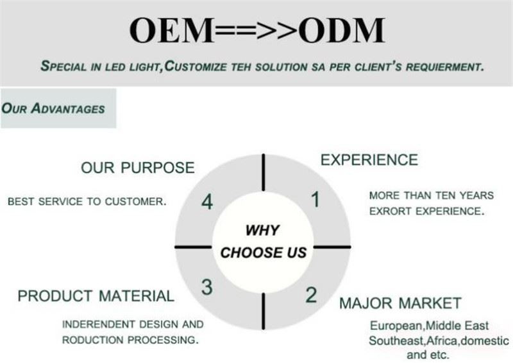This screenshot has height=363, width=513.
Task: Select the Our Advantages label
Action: tap(53, 109)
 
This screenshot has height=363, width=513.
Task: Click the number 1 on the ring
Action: tap(315, 200)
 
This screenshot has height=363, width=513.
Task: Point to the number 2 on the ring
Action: tap(311, 295)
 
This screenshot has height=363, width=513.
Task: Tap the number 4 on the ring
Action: tap(206, 202)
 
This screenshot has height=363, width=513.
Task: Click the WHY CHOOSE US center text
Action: tap(263, 241)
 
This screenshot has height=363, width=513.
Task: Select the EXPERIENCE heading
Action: tap(369, 160)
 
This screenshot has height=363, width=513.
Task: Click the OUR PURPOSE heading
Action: tap(137, 168)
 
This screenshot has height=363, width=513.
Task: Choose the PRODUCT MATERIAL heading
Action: tap(96, 296)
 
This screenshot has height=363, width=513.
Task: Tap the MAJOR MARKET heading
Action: tap(400, 303)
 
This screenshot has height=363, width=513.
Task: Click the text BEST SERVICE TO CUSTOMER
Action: tap(87, 201)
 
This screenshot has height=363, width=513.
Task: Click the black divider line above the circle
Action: tap(263, 172)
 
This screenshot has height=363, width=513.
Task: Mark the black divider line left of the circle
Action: tap(192, 247)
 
